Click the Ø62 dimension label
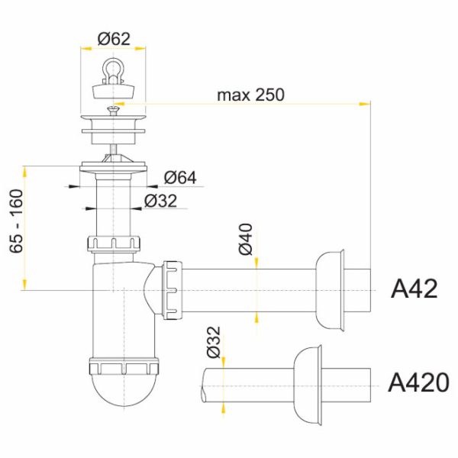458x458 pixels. (x=114, y=37)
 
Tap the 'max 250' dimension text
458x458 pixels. (x=250, y=95)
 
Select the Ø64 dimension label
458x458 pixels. (x=180, y=178)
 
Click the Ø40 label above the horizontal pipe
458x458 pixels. (x=245, y=239)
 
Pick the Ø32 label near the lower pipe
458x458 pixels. (x=213, y=342)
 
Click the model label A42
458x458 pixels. (x=414, y=289)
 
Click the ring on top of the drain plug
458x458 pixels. (x=114, y=68)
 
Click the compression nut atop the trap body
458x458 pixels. (x=114, y=244)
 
